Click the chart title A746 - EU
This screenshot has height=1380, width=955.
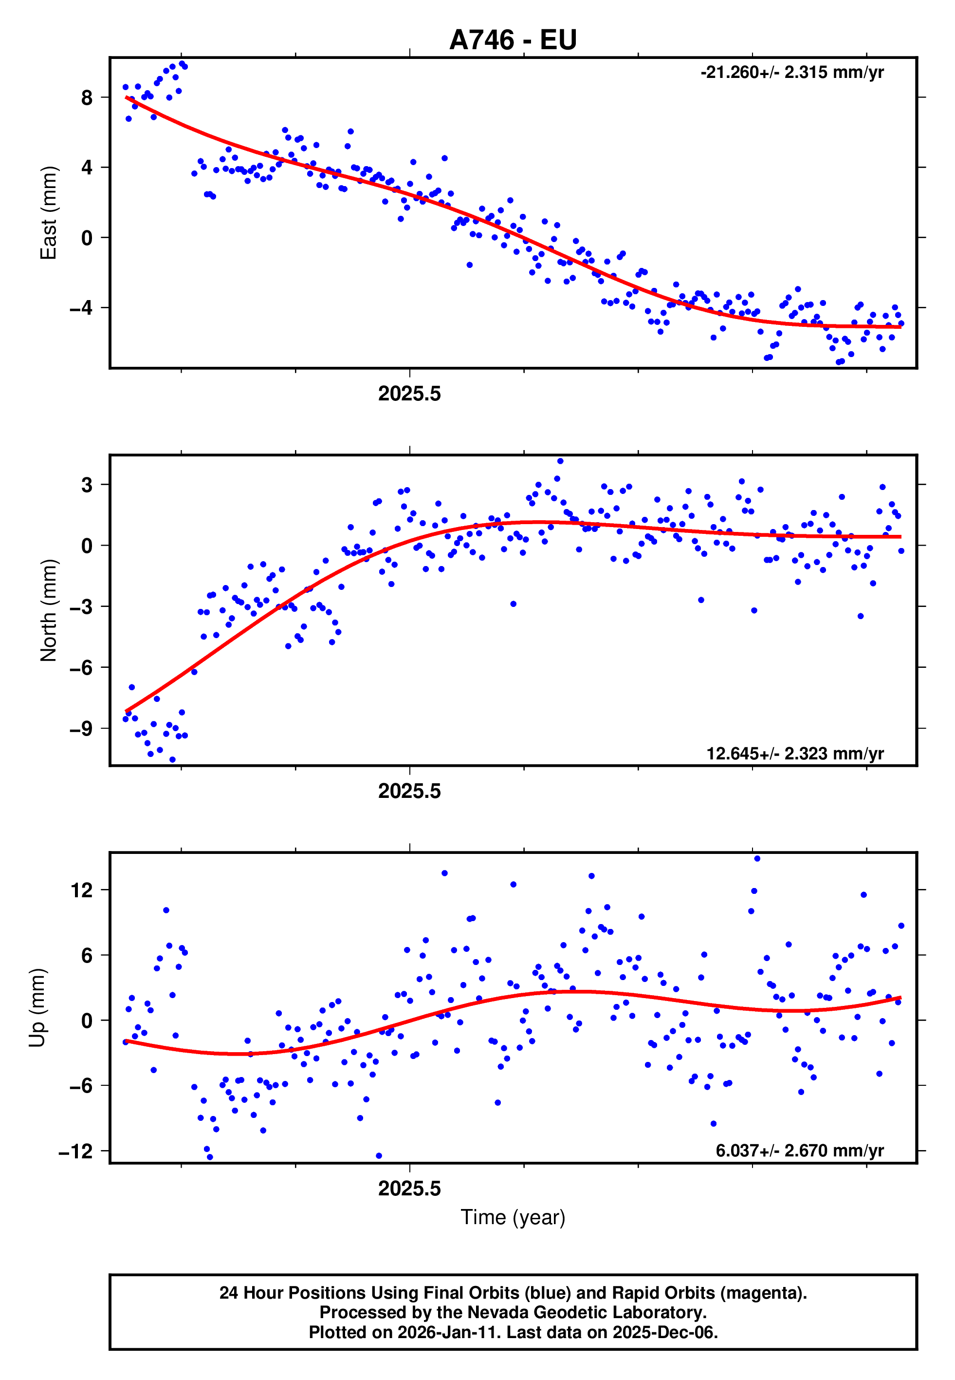coord(513,40)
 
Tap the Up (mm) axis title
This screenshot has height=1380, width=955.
coord(37,1008)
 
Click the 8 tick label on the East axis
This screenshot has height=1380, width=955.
coord(87,97)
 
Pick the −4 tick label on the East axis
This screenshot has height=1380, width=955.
coord(81,308)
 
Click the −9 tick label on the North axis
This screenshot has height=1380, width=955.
coord(81,729)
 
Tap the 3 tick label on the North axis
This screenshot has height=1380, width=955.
coord(87,485)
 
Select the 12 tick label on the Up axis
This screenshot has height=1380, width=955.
coord(82,890)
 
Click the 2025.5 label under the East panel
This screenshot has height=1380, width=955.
coord(409,394)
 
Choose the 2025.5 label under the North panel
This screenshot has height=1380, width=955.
coord(409,792)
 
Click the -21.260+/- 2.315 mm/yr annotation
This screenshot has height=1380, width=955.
coord(792,73)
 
